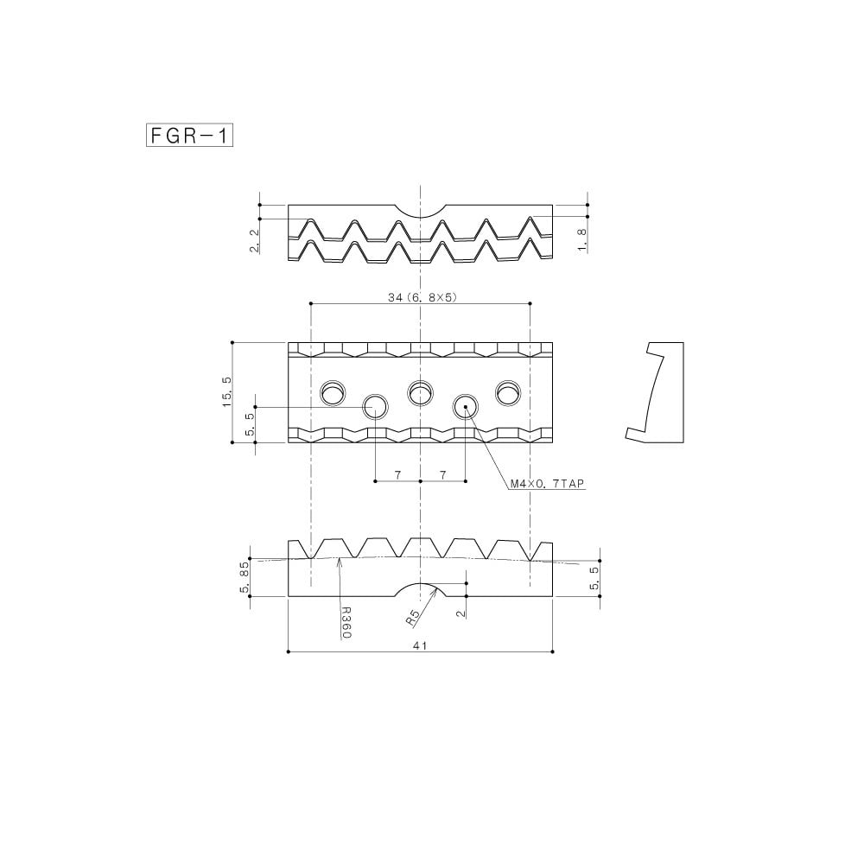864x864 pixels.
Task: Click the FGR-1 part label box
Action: pyautogui.click(x=189, y=136)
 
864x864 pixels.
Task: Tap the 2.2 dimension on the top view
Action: pyautogui.click(x=254, y=241)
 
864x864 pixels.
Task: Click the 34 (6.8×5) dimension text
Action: pyautogui.click(x=422, y=297)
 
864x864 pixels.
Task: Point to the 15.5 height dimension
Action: pyautogui.click(x=227, y=391)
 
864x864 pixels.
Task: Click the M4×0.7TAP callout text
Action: pyautogui.click(x=547, y=484)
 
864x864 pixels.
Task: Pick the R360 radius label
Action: pyautogui.click(x=346, y=623)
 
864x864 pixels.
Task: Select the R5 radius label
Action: pyautogui.click(x=413, y=617)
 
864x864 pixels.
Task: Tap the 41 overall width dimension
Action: pyautogui.click(x=420, y=645)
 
